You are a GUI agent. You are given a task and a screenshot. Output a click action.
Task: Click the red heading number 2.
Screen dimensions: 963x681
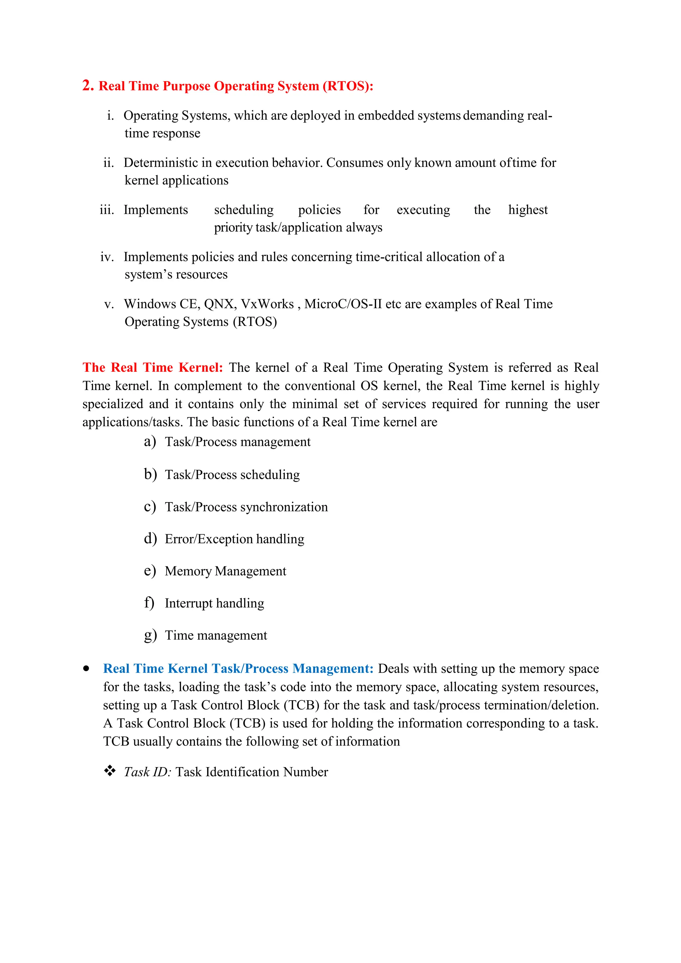[x=87, y=85]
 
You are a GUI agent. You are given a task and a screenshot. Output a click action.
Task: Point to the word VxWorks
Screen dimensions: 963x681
[x=267, y=304]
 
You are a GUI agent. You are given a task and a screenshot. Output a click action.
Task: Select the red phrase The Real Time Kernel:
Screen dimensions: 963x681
[x=153, y=367]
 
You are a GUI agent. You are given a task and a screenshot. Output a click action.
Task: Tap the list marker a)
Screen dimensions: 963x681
[x=150, y=442]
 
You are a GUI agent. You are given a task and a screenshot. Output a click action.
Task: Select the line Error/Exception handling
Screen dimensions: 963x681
[x=234, y=539]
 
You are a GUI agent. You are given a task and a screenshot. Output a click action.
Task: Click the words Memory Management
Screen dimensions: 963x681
[x=225, y=571]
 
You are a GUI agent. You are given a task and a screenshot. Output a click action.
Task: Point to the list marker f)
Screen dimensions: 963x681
[x=149, y=603]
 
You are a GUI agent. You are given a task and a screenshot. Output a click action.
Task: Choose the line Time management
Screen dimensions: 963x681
[x=215, y=635]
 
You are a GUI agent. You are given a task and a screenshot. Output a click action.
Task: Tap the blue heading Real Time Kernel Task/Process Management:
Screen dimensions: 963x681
[x=238, y=669]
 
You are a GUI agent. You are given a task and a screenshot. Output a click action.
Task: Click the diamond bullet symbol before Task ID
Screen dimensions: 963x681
[x=109, y=770]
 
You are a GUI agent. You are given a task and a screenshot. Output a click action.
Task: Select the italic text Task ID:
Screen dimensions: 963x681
[x=147, y=772]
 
